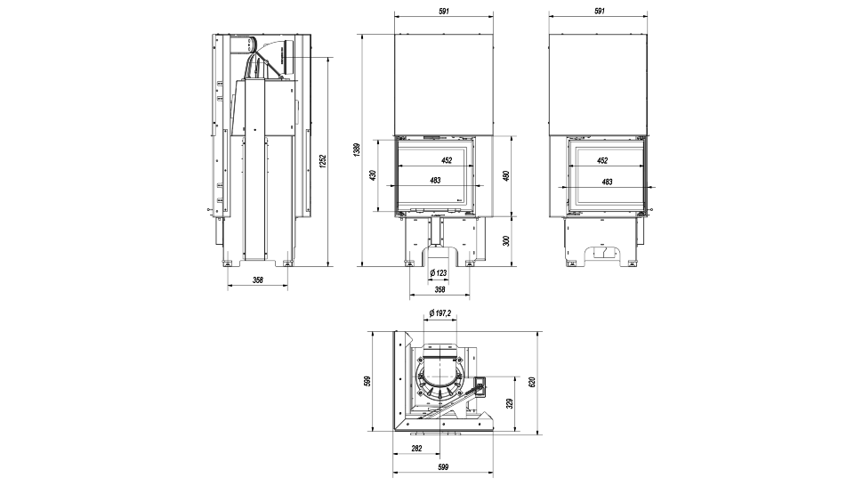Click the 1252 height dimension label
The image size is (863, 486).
(x=324, y=160)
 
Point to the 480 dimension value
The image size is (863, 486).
(x=505, y=175)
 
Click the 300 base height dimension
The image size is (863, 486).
(x=505, y=241)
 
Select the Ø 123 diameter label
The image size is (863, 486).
(x=438, y=273)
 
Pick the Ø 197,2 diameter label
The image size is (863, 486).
(x=440, y=313)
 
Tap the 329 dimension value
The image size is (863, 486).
(x=509, y=402)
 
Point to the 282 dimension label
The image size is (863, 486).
(x=417, y=449)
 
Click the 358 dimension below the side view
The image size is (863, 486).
(x=258, y=280)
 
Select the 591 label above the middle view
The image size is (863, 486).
(x=443, y=11)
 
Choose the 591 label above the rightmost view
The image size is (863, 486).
(x=599, y=11)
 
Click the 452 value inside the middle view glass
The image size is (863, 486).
(x=446, y=160)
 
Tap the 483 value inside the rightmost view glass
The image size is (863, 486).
(x=607, y=182)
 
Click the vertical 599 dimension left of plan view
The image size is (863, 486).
(x=367, y=382)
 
